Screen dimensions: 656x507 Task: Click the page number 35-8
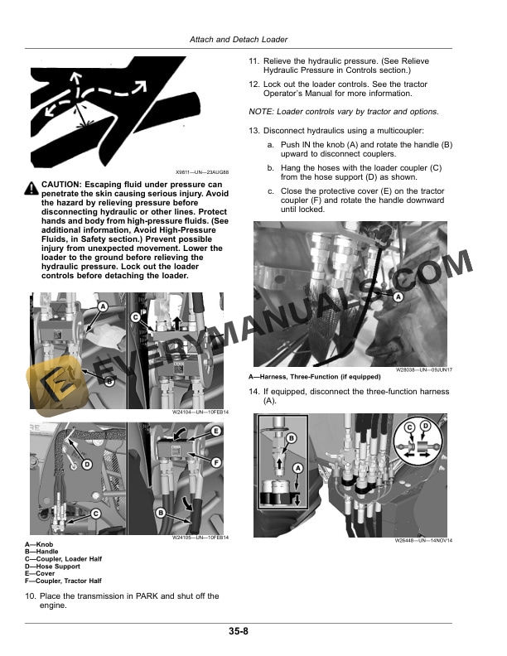coord(239,631)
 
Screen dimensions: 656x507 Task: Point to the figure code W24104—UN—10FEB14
coord(201,412)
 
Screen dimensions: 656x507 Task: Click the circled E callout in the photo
coord(216,432)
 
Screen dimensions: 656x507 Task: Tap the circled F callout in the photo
coord(216,461)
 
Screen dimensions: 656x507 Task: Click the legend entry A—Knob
coord(39,544)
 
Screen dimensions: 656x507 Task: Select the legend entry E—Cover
coord(41,572)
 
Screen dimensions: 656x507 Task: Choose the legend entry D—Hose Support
coord(54,566)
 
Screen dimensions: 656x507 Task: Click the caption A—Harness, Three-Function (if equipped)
coord(309,378)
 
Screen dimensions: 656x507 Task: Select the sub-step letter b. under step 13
coord(270,168)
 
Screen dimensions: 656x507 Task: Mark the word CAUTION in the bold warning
coord(60,184)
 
